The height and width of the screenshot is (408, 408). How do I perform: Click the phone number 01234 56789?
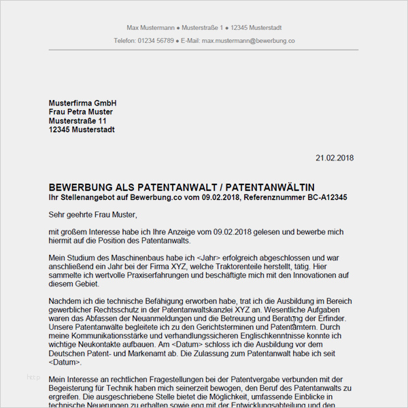point(156,41)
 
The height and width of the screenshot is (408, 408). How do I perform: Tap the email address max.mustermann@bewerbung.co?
point(248,41)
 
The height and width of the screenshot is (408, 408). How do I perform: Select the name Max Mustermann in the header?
point(150,28)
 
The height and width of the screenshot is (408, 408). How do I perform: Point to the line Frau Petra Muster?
point(81,112)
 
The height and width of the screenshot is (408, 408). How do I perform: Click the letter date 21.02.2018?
point(335,158)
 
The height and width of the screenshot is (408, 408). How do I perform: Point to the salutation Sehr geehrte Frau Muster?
point(93,215)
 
